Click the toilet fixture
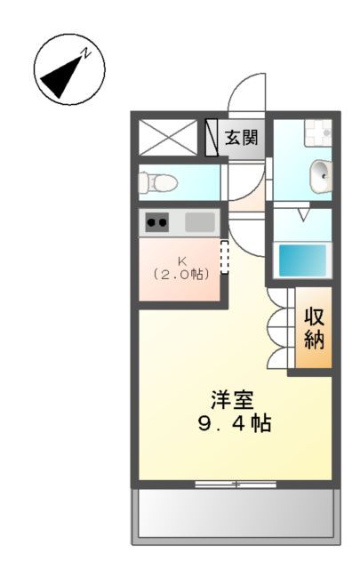pos(158,181)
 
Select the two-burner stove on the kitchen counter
pos(157,222)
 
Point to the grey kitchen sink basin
pos(200,221)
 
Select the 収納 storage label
pos(315,327)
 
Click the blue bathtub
pos(302,260)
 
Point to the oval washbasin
pos(321,174)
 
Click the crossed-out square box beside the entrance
pos(168,138)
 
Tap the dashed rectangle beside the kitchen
pos(224,257)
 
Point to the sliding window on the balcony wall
pos(236,484)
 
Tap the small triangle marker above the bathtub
pos(302,214)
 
